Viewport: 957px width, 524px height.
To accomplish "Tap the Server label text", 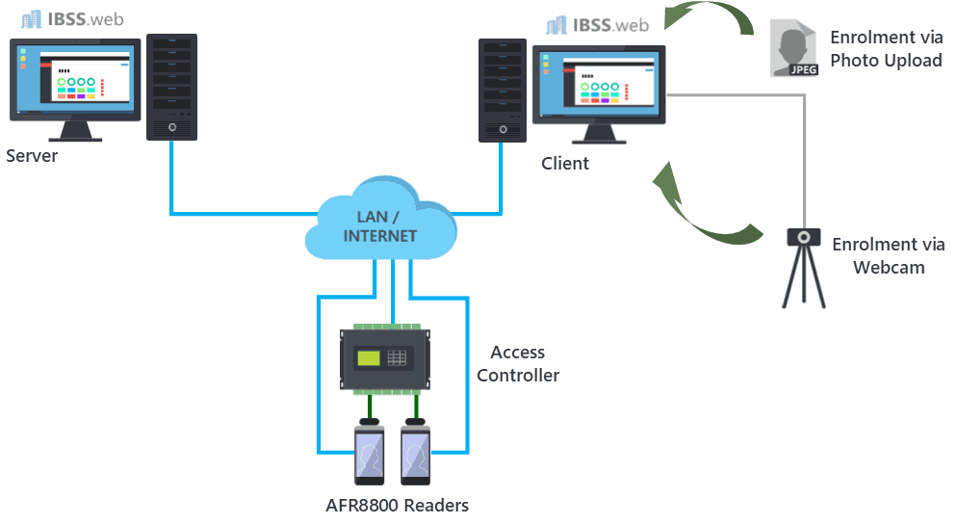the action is [x=32, y=156].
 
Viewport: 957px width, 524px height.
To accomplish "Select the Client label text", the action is [x=565, y=163].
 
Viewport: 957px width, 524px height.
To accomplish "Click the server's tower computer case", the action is [x=171, y=88].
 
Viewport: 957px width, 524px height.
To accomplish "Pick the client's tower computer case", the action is [x=503, y=91].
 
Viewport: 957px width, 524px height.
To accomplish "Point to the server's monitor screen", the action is [x=75, y=79].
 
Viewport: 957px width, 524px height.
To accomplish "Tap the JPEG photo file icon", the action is [x=793, y=48].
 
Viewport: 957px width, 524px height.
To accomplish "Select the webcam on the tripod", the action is [x=804, y=268].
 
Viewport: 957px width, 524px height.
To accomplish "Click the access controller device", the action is [x=385, y=359].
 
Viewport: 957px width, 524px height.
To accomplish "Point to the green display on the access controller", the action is [x=369, y=358].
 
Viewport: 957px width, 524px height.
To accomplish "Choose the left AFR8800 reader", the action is [x=370, y=452].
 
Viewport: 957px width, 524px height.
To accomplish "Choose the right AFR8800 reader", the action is [x=416, y=452].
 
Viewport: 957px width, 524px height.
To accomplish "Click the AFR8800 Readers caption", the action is [x=398, y=506].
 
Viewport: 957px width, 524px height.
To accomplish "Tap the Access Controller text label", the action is [x=518, y=363].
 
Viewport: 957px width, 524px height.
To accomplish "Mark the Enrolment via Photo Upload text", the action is [x=886, y=49].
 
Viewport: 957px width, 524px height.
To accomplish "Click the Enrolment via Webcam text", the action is [x=889, y=256].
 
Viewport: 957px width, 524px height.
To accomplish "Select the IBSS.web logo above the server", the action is [x=72, y=19].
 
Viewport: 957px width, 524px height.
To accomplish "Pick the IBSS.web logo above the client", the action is [x=598, y=25].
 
